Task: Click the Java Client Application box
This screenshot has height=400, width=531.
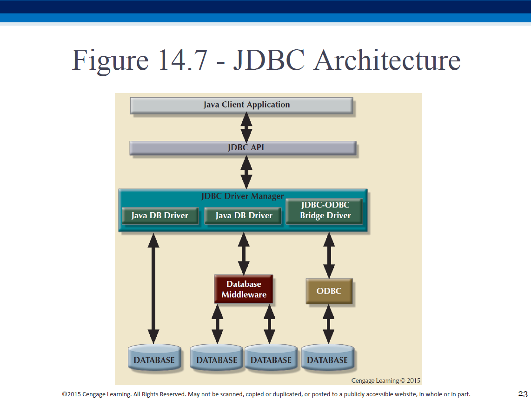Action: [241, 105]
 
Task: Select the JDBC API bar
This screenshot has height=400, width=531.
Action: [243, 148]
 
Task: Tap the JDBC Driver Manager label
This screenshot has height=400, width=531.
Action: [242, 196]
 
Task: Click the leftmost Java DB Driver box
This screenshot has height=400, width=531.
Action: [160, 215]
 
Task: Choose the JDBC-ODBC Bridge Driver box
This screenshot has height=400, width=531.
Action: [325, 211]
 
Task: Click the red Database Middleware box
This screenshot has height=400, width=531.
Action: [244, 289]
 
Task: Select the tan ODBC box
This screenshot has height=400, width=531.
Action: [329, 291]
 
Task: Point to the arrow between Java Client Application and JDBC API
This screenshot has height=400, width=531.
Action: [246, 127]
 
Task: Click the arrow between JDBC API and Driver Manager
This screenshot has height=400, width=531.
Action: [246, 172]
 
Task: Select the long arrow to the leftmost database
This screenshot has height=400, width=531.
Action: [153, 288]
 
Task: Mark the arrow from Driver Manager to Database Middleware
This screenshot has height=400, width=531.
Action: [244, 254]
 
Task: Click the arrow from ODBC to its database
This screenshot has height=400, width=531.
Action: [328, 324]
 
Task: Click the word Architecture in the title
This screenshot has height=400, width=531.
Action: [387, 60]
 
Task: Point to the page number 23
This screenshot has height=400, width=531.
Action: [523, 393]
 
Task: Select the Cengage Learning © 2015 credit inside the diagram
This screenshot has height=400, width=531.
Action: [386, 380]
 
